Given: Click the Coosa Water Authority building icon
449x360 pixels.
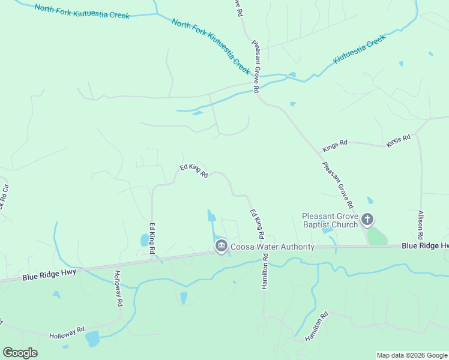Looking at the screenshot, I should click(x=221, y=247).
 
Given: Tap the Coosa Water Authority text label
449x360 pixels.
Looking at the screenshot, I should click(x=273, y=247).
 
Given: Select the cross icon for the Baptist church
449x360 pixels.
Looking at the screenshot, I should click(x=368, y=221).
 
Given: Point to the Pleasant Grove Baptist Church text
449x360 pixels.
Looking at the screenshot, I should click(x=330, y=221).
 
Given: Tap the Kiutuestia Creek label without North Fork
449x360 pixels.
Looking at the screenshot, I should click(x=359, y=50).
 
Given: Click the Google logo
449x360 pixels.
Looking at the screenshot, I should click(x=20, y=353).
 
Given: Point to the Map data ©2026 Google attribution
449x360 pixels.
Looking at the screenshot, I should click(x=412, y=355).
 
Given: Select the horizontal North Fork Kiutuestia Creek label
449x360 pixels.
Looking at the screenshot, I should click(x=82, y=11).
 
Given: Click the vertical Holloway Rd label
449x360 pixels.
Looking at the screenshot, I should click(x=118, y=289).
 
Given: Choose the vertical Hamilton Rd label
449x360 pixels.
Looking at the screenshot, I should click(x=264, y=272).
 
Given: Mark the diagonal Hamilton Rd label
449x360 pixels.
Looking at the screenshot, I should click(x=316, y=326).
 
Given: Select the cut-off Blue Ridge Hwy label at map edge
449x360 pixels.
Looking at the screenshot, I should click(x=425, y=246).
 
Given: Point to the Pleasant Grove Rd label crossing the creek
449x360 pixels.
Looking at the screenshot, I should click(x=256, y=66).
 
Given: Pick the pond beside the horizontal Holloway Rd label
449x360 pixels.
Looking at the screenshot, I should click(x=92, y=339).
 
